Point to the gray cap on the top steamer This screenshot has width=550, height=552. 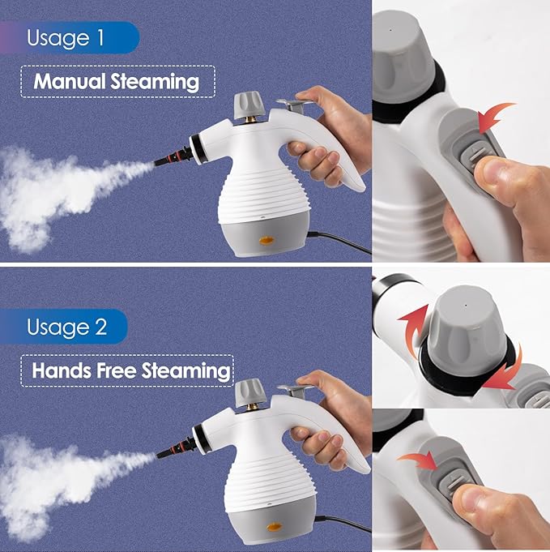tap(245, 104)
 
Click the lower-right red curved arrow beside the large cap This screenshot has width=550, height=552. tap(505, 369)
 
